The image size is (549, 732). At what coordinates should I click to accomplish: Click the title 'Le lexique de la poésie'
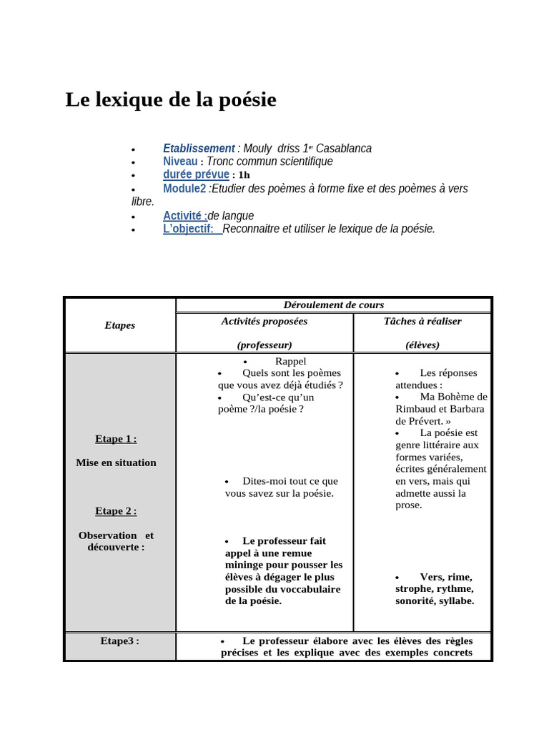(171, 100)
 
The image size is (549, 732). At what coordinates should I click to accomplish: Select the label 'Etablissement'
(199, 149)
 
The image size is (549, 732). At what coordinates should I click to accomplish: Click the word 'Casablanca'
(343, 149)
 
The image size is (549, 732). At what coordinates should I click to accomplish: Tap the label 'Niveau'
(180, 162)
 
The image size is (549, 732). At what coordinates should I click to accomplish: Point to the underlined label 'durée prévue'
(196, 174)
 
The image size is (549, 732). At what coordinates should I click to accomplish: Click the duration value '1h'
(244, 175)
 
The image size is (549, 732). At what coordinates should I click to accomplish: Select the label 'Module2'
(184, 189)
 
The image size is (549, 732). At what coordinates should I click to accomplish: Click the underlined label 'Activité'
(184, 216)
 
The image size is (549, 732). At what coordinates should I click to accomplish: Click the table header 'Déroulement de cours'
(334, 305)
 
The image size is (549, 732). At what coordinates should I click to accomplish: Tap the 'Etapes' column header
(119, 325)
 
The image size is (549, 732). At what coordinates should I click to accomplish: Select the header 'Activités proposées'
(264, 321)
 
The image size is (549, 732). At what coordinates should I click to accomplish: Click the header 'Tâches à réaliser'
(422, 321)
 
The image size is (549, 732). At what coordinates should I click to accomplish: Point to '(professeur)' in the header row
(264, 345)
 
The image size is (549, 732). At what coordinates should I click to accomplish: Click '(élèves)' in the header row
(422, 345)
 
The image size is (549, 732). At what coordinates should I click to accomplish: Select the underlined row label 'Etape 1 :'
(116, 439)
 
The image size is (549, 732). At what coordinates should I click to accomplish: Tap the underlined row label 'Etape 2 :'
(116, 511)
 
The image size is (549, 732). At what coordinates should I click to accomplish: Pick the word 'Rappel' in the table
(290, 361)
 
